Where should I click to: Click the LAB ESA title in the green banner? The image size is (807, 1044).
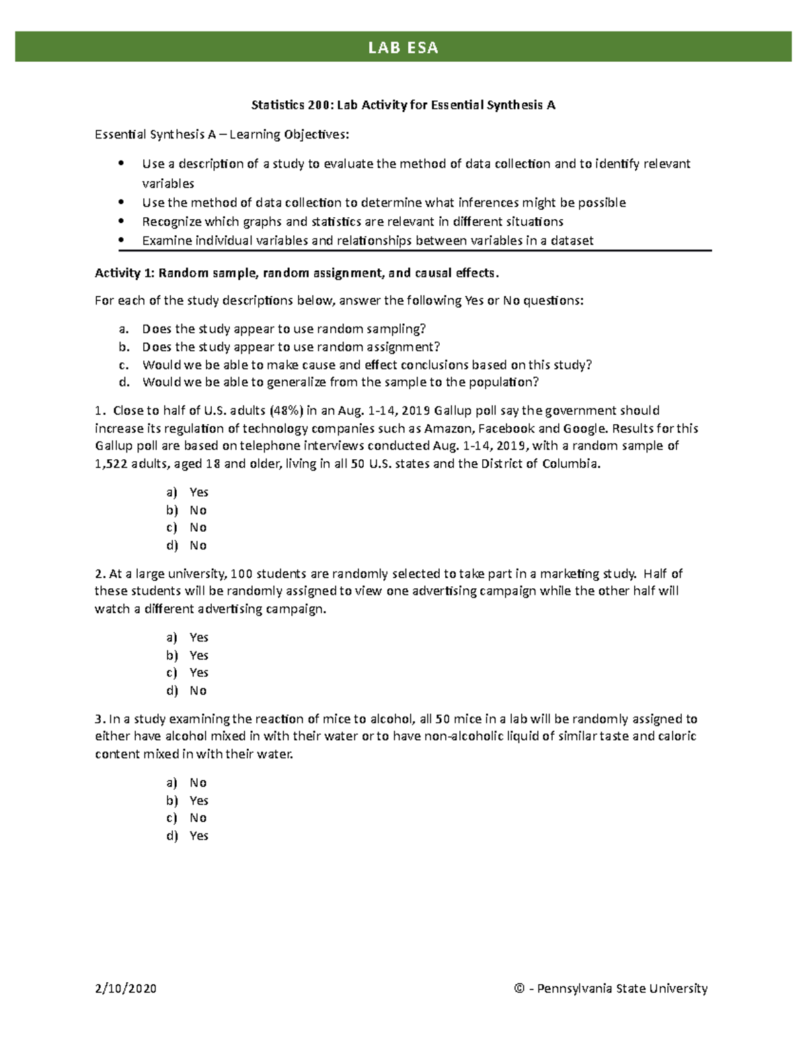click(403, 47)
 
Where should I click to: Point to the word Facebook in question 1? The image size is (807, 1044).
click(506, 428)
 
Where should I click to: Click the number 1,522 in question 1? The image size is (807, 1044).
click(111, 463)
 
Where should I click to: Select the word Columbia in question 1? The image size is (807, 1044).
click(570, 463)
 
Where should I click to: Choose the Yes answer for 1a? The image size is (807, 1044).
click(198, 492)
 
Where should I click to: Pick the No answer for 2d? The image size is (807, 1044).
click(198, 690)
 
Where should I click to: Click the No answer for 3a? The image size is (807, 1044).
click(198, 782)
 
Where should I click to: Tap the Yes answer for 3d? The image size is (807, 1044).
click(198, 836)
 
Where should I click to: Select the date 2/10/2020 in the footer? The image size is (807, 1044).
click(126, 988)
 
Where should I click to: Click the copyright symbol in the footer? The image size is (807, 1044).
click(518, 988)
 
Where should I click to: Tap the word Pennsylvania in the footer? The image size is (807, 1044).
click(574, 988)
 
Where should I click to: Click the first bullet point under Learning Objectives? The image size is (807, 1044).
click(121, 163)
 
